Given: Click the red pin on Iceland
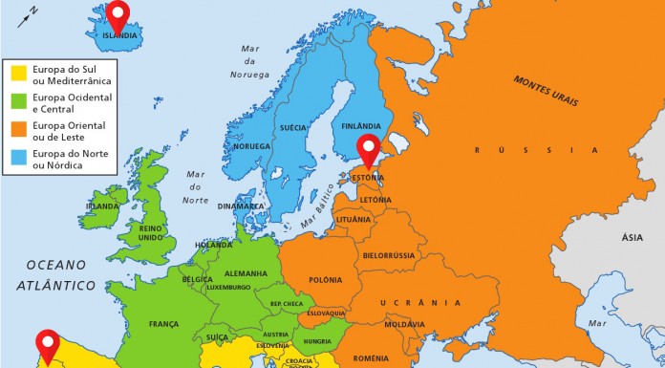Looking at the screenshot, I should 118,14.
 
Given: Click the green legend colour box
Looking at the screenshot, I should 17,102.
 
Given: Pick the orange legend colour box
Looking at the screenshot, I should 17,130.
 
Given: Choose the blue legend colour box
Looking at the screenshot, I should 17,158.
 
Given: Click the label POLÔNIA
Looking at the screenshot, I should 325,279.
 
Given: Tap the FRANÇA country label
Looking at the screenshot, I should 163,324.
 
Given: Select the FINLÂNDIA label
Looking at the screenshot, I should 360,125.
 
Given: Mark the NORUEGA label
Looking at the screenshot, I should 252,146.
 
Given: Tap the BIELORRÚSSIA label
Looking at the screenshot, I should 389,255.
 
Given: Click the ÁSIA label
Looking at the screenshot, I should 632,237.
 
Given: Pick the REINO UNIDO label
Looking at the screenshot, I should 151,232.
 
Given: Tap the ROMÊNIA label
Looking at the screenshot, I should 370,357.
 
